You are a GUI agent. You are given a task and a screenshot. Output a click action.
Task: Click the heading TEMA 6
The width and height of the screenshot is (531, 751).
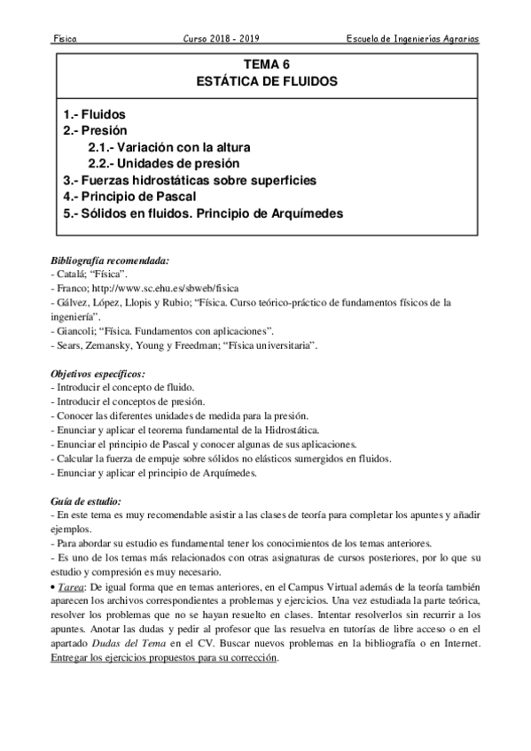(x=266, y=65)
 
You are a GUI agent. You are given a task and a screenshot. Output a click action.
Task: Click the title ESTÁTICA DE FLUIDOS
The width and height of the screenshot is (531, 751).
(x=266, y=81)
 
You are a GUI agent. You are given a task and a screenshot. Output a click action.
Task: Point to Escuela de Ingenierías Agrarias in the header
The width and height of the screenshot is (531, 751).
(x=412, y=40)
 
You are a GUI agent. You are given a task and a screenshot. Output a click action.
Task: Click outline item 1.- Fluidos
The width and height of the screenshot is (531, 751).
(x=95, y=116)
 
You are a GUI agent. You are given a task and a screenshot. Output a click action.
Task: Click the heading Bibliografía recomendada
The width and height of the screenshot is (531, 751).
(x=111, y=260)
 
